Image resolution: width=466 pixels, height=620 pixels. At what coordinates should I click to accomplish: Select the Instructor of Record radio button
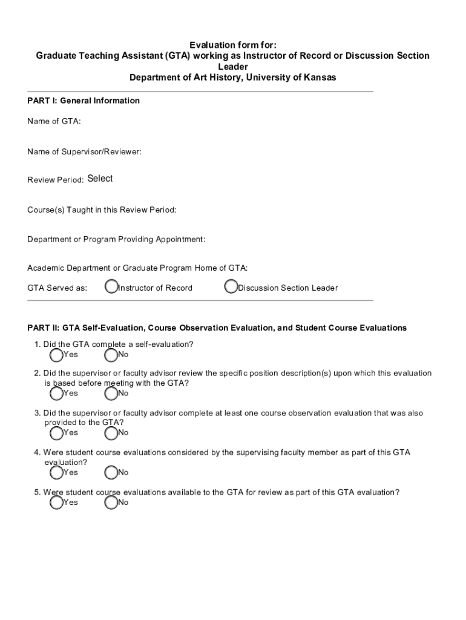point(111,287)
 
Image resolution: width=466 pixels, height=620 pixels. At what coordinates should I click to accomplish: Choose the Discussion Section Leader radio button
point(231,287)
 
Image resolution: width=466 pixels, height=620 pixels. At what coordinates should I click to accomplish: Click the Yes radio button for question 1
point(56,354)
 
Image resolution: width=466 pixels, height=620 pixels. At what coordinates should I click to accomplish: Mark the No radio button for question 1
point(111,354)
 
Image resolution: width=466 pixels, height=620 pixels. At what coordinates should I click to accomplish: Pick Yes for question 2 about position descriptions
point(56,394)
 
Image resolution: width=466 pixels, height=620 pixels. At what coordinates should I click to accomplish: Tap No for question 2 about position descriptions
point(111,394)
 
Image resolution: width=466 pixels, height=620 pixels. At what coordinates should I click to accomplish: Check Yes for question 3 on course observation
point(56,433)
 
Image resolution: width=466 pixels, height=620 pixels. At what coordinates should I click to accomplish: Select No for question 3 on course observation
point(111,433)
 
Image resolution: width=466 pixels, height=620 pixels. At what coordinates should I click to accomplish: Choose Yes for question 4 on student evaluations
point(56,472)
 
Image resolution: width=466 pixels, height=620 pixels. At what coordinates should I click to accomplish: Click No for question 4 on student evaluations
point(111,472)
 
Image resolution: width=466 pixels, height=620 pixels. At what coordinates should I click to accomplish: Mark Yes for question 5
point(56,503)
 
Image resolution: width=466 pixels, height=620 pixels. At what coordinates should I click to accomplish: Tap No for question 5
point(111,503)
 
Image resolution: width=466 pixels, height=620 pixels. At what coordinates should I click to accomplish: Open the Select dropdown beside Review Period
point(100,179)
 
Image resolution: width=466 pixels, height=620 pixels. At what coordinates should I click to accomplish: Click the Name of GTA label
point(54,122)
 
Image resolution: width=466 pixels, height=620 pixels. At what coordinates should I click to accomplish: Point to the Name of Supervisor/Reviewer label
point(84,151)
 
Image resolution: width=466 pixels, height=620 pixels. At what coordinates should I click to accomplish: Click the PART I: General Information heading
point(84,101)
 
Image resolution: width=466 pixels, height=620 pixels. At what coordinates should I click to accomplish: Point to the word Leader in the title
point(233,67)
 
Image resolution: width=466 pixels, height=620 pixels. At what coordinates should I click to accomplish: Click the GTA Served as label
point(57,288)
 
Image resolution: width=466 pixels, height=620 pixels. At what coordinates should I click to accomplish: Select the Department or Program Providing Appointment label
point(116,239)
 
